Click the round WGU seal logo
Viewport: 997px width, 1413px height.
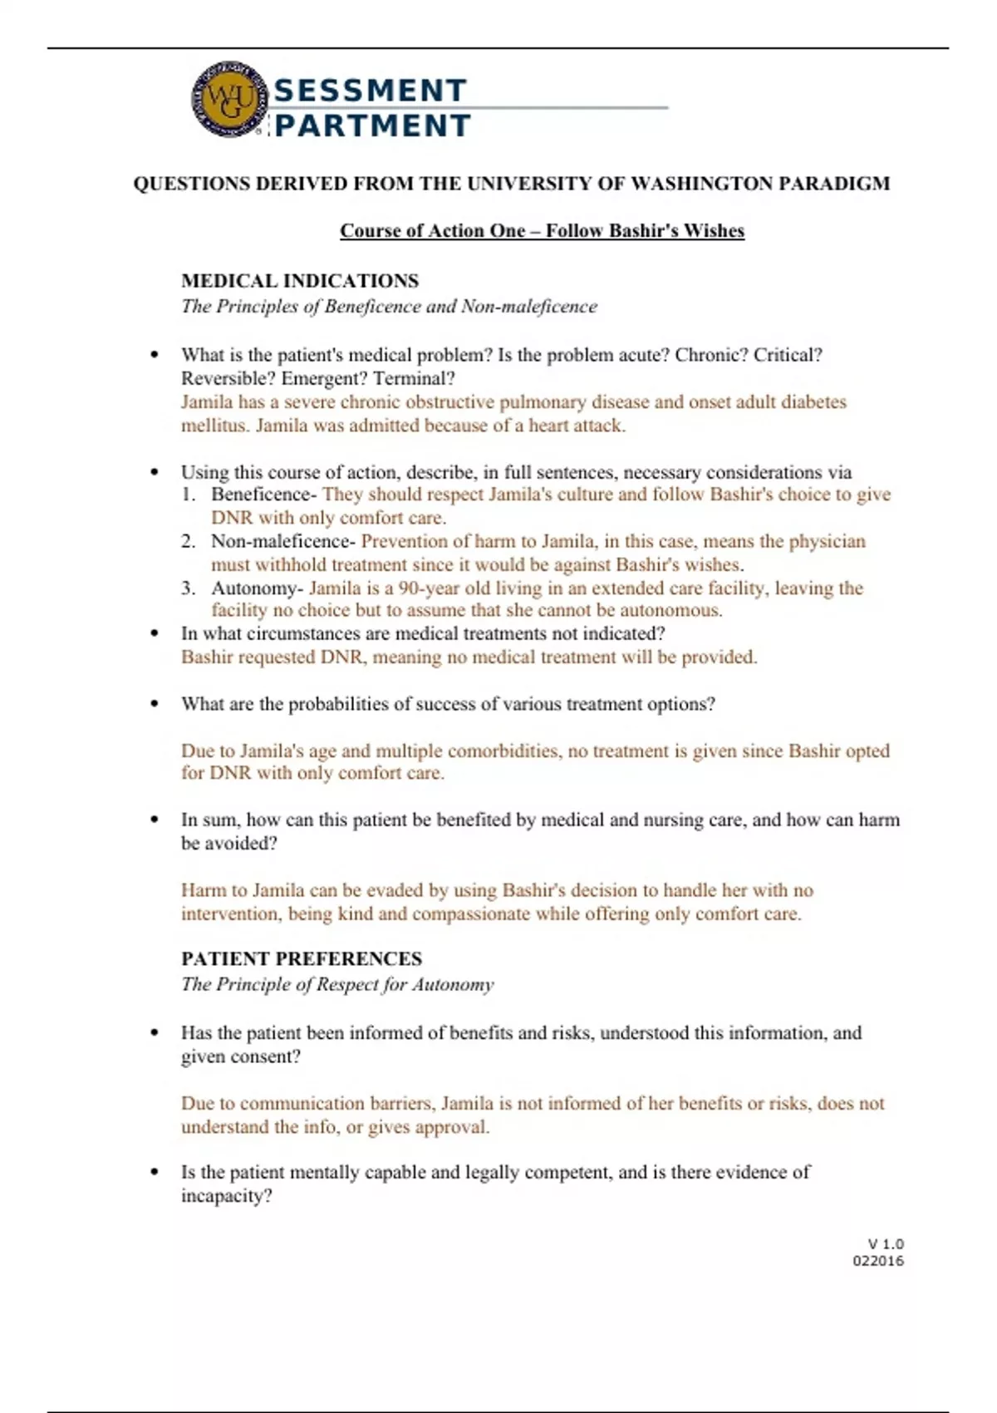pyautogui.click(x=228, y=100)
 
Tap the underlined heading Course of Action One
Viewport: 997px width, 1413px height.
pyautogui.click(x=542, y=231)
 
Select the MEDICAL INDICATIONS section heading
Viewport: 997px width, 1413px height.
pyautogui.click(x=300, y=281)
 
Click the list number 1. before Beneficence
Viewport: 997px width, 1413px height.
pyautogui.click(x=189, y=495)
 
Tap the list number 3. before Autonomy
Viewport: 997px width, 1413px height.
pyautogui.click(x=189, y=588)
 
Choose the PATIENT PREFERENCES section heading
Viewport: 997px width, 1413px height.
pyautogui.click(x=302, y=959)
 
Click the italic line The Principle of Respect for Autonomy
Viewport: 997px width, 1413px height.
pyautogui.click(x=337, y=985)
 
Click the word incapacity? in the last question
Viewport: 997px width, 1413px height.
pyautogui.click(x=227, y=1197)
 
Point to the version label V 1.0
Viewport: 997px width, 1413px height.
pyautogui.click(x=886, y=1244)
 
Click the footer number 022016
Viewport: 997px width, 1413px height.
pyautogui.click(x=878, y=1261)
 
